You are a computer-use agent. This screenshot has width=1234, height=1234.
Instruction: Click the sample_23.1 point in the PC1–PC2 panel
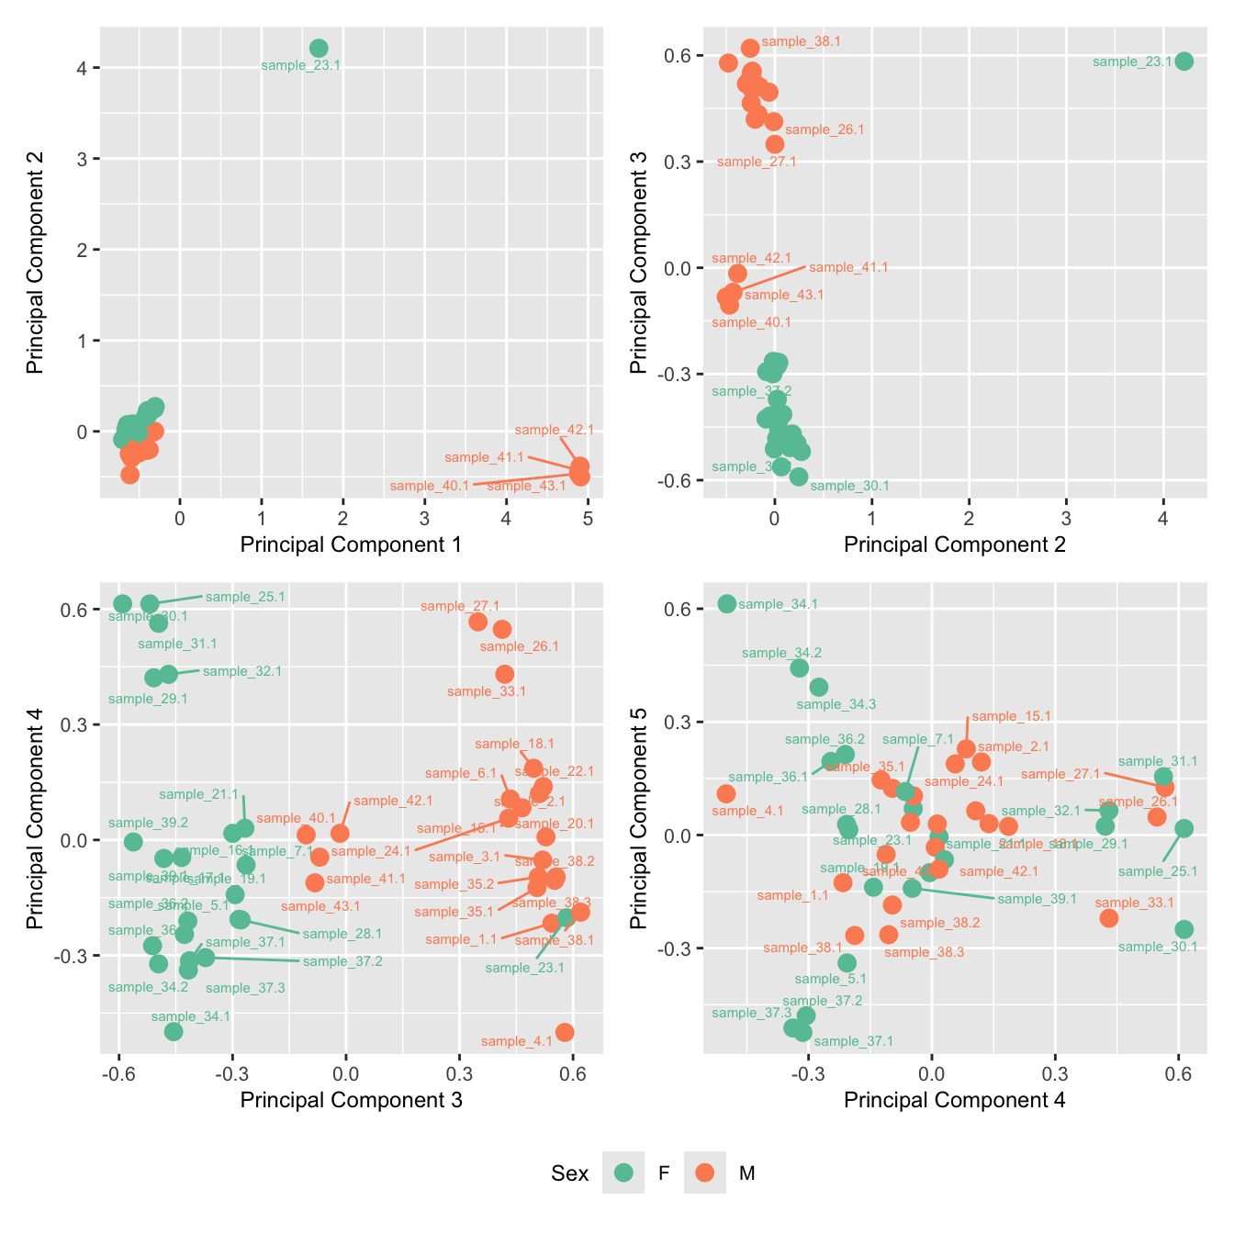(319, 49)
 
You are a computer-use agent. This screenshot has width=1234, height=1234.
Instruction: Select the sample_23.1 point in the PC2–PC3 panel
(1184, 62)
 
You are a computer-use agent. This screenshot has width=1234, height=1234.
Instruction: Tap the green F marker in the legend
(623, 1172)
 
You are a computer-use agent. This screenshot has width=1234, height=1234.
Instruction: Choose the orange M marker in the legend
(705, 1172)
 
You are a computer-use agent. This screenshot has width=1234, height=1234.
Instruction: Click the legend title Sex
(569, 1173)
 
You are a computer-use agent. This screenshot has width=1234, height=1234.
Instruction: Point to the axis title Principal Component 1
(351, 544)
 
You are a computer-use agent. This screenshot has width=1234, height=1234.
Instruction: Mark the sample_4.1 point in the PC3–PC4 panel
(565, 1032)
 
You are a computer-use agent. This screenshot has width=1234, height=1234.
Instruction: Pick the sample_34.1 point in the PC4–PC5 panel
(727, 603)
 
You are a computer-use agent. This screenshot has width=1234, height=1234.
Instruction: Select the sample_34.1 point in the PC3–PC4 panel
(174, 1031)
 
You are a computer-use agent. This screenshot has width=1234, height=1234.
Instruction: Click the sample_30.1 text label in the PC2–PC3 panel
(849, 487)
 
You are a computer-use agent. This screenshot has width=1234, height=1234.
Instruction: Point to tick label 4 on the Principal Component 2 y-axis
(83, 68)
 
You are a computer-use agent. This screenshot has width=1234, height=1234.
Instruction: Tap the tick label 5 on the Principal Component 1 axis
(588, 519)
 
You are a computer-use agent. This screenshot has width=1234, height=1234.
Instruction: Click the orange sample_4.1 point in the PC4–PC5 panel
(726, 793)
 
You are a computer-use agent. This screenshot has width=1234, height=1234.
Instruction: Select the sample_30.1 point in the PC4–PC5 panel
(1184, 929)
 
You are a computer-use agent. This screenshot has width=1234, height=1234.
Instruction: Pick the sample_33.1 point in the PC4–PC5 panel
(1109, 917)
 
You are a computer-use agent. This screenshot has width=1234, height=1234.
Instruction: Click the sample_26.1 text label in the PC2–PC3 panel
(825, 129)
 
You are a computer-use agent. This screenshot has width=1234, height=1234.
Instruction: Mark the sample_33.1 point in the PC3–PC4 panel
(505, 674)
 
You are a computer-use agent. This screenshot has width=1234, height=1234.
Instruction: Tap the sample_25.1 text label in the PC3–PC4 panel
(245, 597)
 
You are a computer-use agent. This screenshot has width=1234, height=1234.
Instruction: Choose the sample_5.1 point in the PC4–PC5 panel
(847, 962)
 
